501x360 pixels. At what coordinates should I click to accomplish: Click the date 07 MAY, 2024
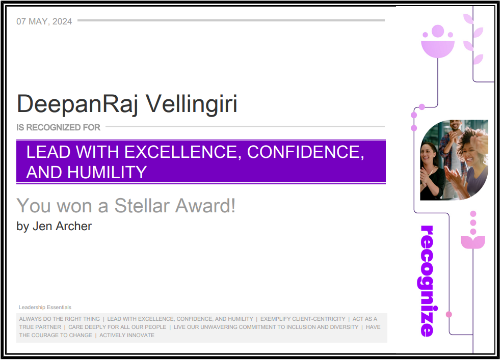tap(44, 21)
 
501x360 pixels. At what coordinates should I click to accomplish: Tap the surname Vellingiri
tap(192, 104)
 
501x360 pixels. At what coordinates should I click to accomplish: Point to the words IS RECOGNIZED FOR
tap(58, 127)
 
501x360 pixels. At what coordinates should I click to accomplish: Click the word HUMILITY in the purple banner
tap(107, 172)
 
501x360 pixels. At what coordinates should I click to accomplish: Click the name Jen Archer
tap(62, 226)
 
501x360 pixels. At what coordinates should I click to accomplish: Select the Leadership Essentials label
tap(45, 307)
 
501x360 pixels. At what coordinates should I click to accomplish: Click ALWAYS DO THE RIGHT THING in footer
tap(60, 319)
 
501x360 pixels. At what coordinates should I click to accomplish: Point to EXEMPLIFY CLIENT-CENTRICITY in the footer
tap(303, 319)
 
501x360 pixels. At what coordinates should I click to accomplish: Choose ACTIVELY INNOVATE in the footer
tap(127, 335)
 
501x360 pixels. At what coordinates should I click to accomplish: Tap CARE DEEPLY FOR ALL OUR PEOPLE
tap(117, 327)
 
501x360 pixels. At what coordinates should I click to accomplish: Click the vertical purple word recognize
tap(428, 281)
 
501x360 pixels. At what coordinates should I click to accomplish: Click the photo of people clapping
tap(454, 160)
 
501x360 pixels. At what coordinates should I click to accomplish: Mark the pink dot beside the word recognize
tap(449, 314)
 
